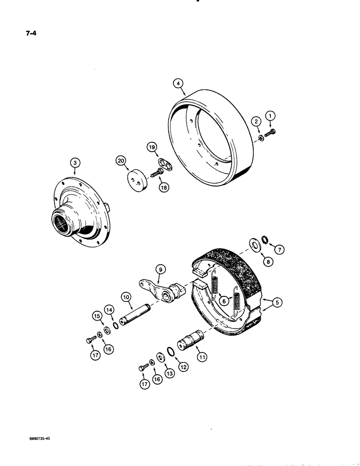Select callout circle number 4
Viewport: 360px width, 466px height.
pyautogui.click(x=178, y=84)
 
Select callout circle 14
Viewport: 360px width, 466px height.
pyautogui.click(x=109, y=309)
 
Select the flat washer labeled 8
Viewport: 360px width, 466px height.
pyautogui.click(x=256, y=246)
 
